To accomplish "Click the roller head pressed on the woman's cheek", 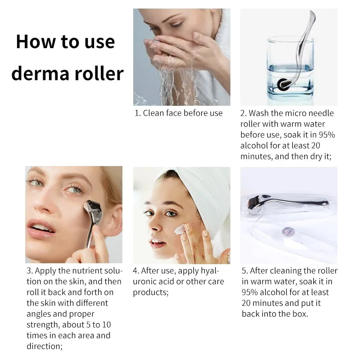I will click(93, 208).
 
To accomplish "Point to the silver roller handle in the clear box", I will click(306, 197).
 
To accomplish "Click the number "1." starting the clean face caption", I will click(138, 113).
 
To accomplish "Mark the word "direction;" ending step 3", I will click(44, 346).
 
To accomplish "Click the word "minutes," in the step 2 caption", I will click(256, 157).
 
